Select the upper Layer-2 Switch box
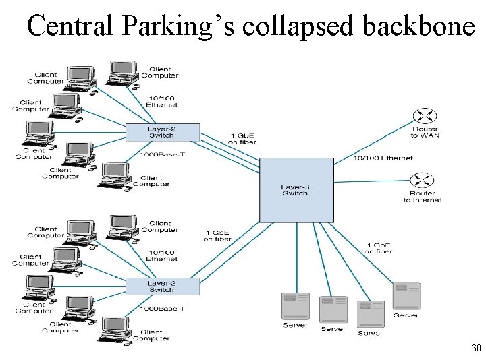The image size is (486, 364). pyautogui.click(x=163, y=132)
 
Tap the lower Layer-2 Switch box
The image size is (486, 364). pyautogui.click(x=163, y=286)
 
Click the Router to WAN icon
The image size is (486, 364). pyautogui.click(x=424, y=115)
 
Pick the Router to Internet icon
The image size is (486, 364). pyautogui.click(x=423, y=181)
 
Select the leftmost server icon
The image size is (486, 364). pyautogui.click(x=295, y=307)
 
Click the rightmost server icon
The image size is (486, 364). pyautogui.click(x=406, y=296)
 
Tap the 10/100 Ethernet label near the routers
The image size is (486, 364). pyautogui.click(x=383, y=158)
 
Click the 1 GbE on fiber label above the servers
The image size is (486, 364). pyautogui.click(x=378, y=248)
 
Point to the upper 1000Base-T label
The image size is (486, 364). pyautogui.click(x=162, y=154)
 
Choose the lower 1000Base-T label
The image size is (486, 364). pyautogui.click(x=162, y=308)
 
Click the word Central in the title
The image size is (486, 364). pyautogui.click(x=72, y=26)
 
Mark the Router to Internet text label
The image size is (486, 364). pyautogui.click(x=422, y=197)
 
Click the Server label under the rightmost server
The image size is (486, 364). pyautogui.click(x=406, y=315)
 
